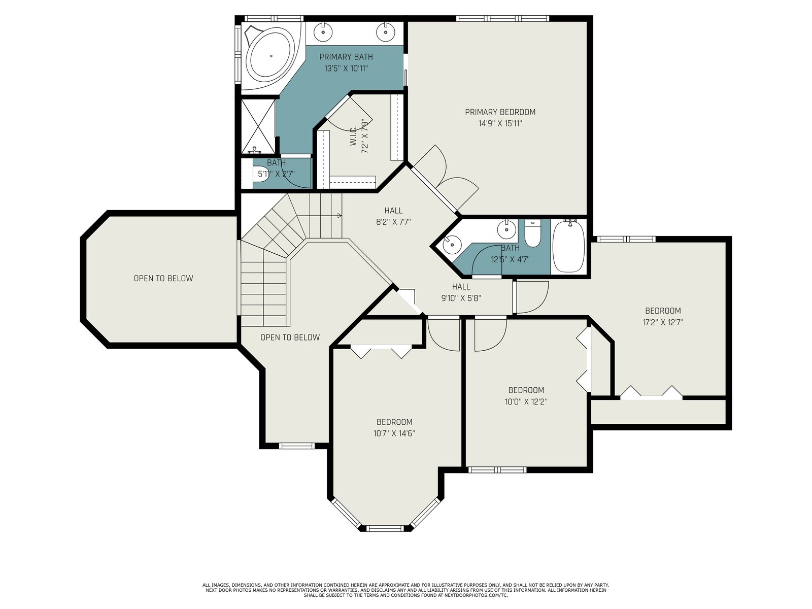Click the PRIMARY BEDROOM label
[x=500, y=112]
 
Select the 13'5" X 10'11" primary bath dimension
[x=346, y=69]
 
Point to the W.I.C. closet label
[x=353, y=136]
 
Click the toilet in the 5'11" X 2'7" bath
[x=262, y=174]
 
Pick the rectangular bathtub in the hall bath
[x=568, y=246]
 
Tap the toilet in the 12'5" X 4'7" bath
[x=533, y=233]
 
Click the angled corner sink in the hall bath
[x=451, y=244]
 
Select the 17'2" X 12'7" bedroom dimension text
[x=663, y=322]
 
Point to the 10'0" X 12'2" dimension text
[x=526, y=401]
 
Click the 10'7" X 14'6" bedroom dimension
[x=394, y=433]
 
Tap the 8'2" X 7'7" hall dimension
[x=394, y=222]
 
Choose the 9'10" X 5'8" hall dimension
[x=461, y=298]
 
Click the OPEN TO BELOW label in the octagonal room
[x=163, y=279]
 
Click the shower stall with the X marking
[x=258, y=126]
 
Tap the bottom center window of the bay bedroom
[x=385, y=528]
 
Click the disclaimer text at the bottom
[x=406, y=590]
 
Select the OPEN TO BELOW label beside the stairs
[x=290, y=337]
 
